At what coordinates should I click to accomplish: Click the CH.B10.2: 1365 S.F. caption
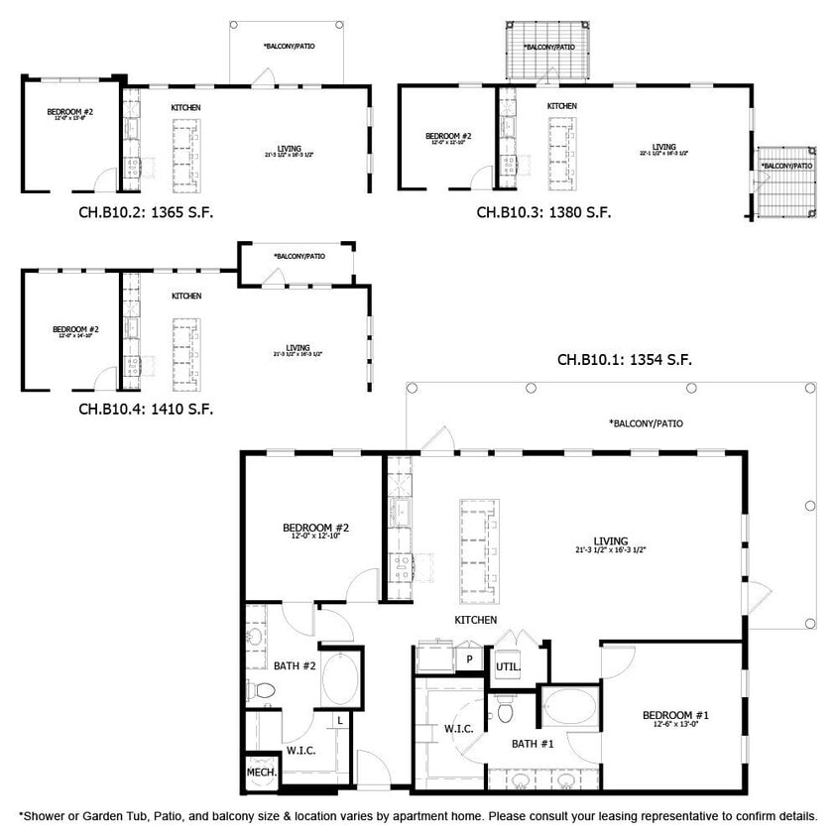pyautogui.click(x=146, y=212)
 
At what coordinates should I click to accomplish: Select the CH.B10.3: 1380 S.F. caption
pyautogui.click(x=543, y=212)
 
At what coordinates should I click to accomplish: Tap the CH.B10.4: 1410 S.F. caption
pyautogui.click(x=146, y=408)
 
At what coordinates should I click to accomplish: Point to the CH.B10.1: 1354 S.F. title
pyautogui.click(x=623, y=360)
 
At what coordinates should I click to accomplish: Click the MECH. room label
pyautogui.click(x=261, y=773)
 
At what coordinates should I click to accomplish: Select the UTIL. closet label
pyautogui.click(x=507, y=666)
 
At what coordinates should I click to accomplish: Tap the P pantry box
pyautogui.click(x=469, y=658)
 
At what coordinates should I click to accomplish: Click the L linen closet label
pyautogui.click(x=340, y=720)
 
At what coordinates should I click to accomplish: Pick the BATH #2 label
pyautogui.click(x=295, y=665)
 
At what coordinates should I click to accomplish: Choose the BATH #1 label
pyautogui.click(x=532, y=743)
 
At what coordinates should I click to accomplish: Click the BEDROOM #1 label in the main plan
pyautogui.click(x=674, y=717)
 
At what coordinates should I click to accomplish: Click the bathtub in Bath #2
pyautogui.click(x=342, y=678)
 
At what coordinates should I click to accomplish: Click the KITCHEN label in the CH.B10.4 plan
pyautogui.click(x=186, y=297)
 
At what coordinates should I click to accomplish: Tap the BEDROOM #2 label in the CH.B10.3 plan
pyautogui.click(x=448, y=137)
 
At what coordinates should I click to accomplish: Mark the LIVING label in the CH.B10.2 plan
pyautogui.click(x=290, y=149)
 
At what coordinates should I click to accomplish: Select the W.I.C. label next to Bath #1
pyautogui.click(x=458, y=729)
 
